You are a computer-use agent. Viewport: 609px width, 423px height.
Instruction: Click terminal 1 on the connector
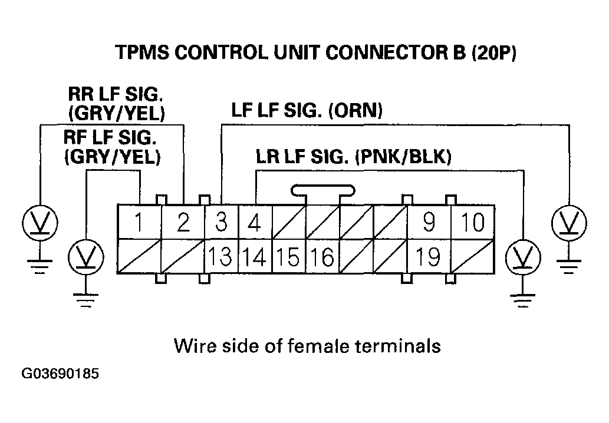pos(139,223)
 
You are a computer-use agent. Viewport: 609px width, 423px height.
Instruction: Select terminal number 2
pos(183,223)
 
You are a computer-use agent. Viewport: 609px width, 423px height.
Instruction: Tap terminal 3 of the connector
pos(220,223)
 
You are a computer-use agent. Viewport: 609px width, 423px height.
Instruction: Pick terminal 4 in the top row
pos(255,223)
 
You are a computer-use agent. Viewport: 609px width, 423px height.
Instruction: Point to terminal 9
pos(429,223)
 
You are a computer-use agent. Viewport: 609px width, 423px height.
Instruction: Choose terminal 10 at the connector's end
pos(473,223)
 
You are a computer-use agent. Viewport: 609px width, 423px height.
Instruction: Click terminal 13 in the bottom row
pos(220,257)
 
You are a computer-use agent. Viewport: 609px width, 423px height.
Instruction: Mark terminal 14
pos(255,257)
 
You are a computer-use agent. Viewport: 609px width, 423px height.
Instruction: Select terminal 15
pos(289,257)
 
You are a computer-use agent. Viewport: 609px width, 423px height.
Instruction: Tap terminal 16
pos(323,257)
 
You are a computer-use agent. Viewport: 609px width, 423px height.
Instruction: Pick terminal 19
pos(429,257)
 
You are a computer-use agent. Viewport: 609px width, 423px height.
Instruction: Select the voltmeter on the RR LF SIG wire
pos(39,223)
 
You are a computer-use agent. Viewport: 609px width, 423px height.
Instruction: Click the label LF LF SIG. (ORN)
pos(307,110)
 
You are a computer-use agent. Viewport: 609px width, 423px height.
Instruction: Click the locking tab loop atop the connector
pos(323,190)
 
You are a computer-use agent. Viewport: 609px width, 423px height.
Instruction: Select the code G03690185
pos(60,374)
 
